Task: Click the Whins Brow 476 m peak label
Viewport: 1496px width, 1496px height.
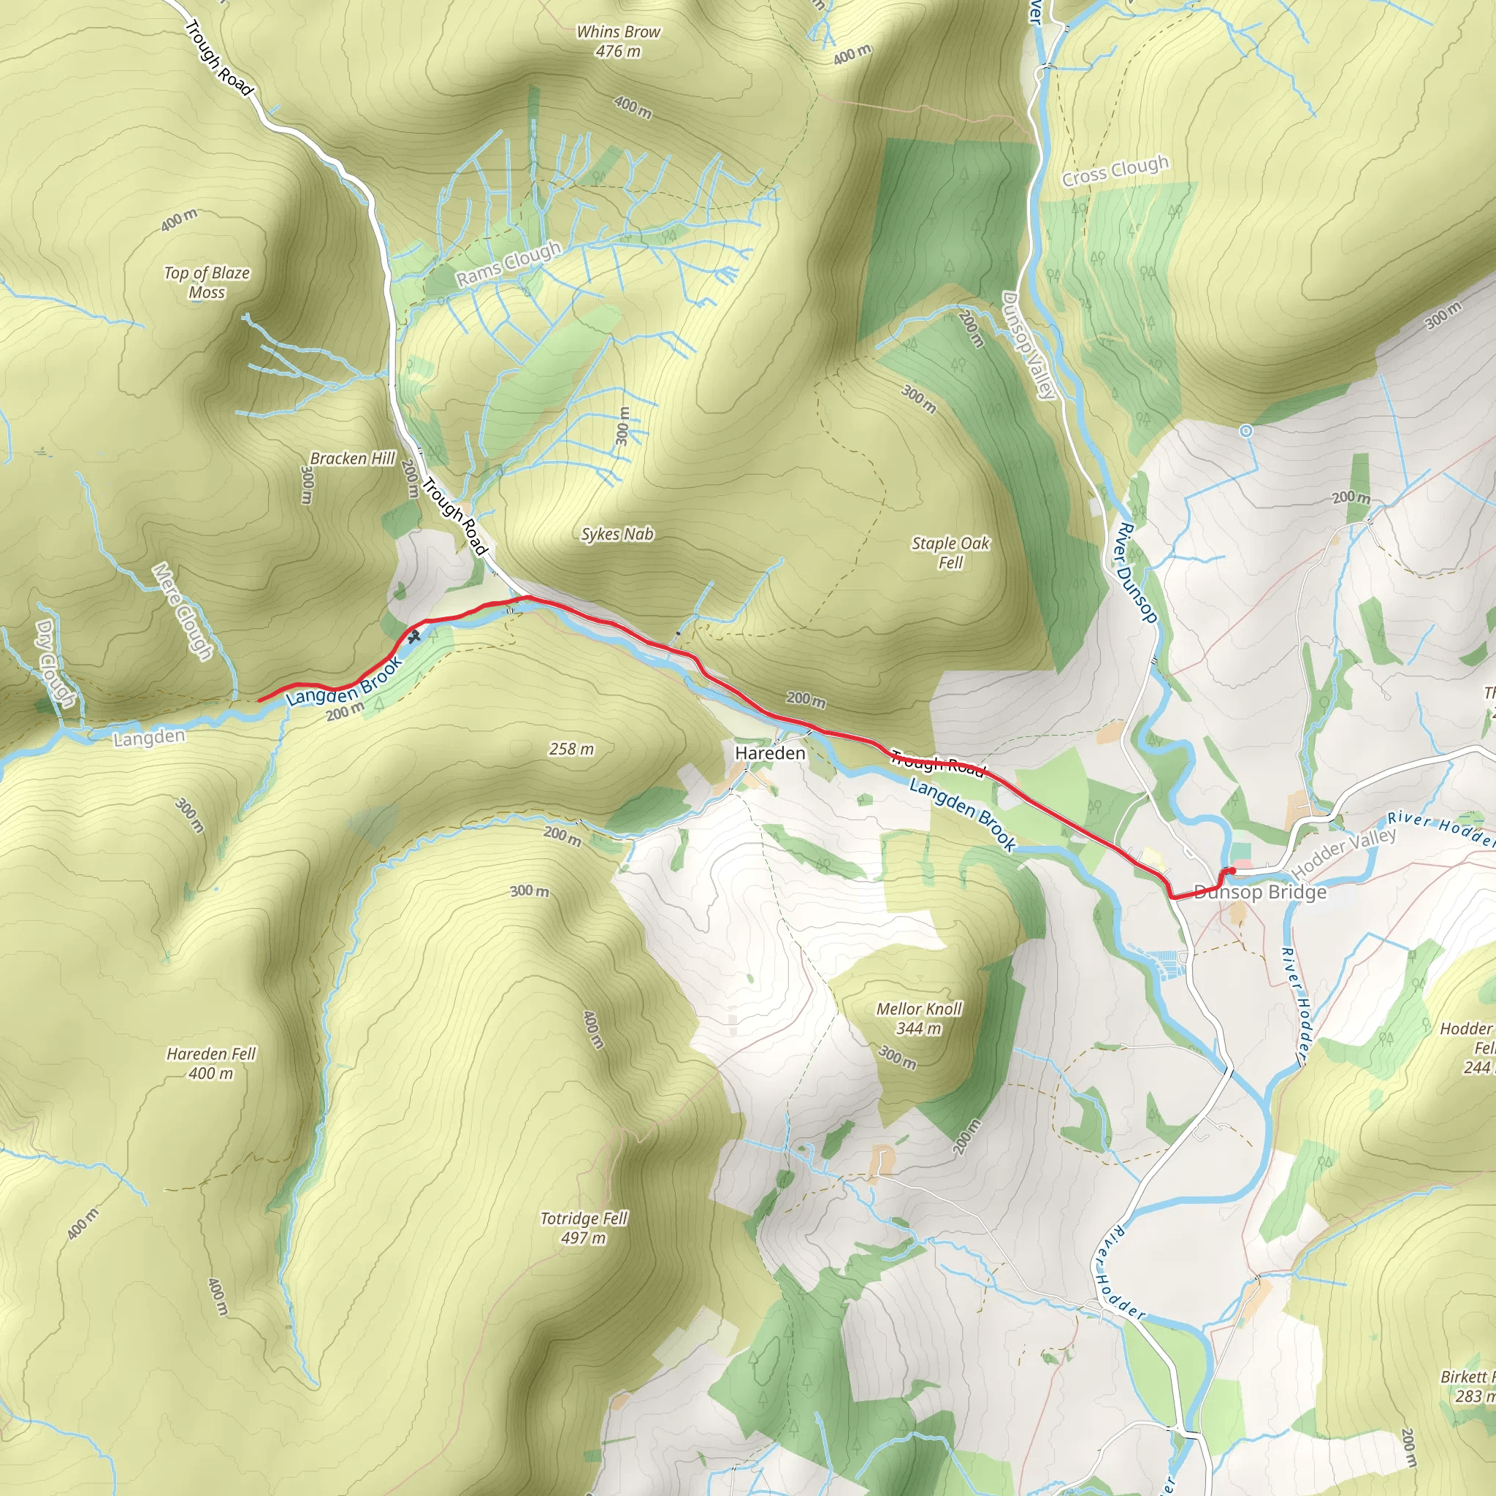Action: (618, 42)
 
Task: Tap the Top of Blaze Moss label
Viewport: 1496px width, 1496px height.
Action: (207, 283)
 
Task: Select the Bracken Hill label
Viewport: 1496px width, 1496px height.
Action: (352, 459)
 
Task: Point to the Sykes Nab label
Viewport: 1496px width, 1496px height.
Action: (617, 534)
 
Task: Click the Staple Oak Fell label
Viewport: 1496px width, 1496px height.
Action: (950, 553)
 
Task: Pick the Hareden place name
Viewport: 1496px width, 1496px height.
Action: (770, 753)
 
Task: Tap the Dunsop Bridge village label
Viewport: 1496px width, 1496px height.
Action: (1260, 892)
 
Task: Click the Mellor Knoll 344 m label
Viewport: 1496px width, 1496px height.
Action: (919, 1018)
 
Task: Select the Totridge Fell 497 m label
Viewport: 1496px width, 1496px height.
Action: (584, 1227)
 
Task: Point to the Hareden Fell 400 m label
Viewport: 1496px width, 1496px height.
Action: (210, 1063)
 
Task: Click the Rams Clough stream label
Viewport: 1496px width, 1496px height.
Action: (508, 263)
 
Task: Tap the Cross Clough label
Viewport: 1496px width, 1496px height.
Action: (1115, 171)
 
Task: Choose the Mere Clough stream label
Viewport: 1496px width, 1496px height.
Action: (182, 611)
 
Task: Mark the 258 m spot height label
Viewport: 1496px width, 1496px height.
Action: (571, 749)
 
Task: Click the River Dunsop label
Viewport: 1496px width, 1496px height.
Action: (1136, 573)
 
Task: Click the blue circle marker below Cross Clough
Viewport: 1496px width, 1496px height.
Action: (1246, 430)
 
